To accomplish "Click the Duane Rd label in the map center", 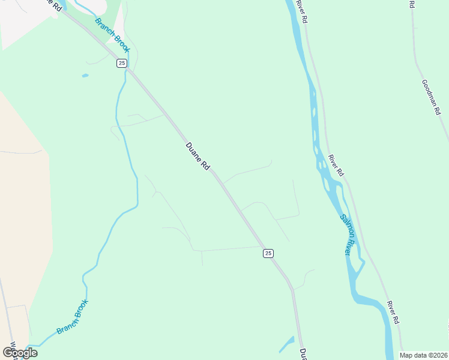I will pyautogui.click(x=197, y=156).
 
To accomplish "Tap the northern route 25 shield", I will pyautogui.click(x=122, y=63).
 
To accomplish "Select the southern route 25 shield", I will pyautogui.click(x=268, y=253).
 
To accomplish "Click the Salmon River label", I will pyautogui.click(x=345, y=235).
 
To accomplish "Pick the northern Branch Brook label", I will pyautogui.click(x=112, y=35).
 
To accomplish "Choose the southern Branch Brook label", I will pyautogui.click(x=73, y=317).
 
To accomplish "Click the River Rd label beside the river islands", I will pyautogui.click(x=336, y=165).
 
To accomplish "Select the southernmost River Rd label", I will pyautogui.click(x=393, y=313).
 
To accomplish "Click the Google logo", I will pyautogui.click(x=20, y=353).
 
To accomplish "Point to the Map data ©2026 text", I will pyautogui.click(x=423, y=355).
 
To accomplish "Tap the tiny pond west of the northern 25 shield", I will pyautogui.click(x=85, y=76).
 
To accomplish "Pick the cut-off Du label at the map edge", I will pyautogui.click(x=303, y=354).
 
